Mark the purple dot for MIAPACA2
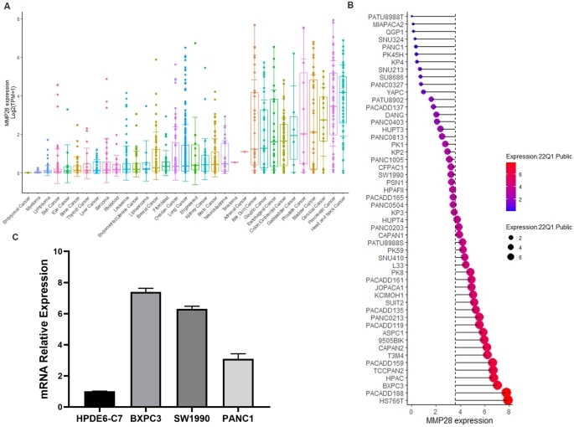(x=413, y=23)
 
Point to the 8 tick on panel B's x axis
(x=509, y=411)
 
